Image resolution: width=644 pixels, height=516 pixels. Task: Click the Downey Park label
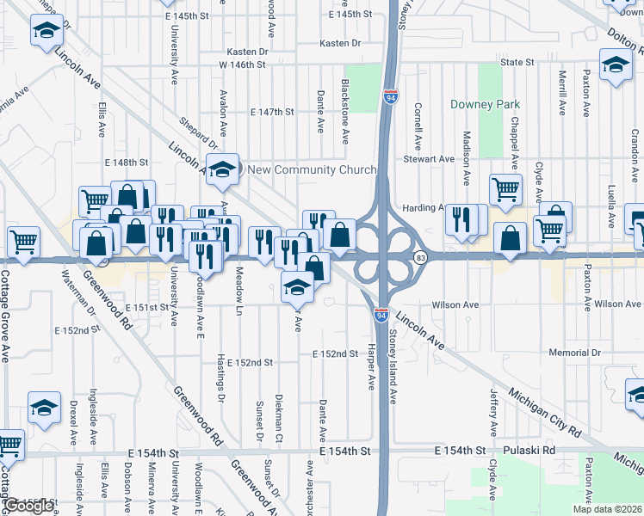486,105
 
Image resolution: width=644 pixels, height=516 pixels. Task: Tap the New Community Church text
312,169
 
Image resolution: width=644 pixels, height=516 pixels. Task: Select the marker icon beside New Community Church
222,168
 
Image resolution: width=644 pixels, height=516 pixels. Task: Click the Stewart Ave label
430,159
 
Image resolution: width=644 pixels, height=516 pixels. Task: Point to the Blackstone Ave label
344,111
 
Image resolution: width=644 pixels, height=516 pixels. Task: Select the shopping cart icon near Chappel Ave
505,189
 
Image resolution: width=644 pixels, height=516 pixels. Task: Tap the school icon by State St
616,66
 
